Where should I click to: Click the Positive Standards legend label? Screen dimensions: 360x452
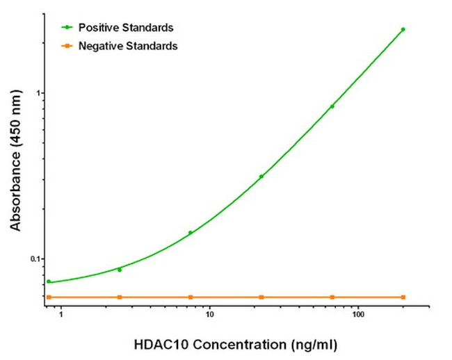126,28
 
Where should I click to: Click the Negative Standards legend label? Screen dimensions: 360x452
128,46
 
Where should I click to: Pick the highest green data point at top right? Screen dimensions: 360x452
403,30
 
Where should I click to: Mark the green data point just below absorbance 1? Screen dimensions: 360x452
332,106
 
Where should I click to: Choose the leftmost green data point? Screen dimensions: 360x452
49,281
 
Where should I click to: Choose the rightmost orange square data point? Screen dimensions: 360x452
403,297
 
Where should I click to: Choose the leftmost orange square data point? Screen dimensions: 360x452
49,297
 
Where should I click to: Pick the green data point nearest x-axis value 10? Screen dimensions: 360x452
190,233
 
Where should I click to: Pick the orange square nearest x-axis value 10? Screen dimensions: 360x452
190,297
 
